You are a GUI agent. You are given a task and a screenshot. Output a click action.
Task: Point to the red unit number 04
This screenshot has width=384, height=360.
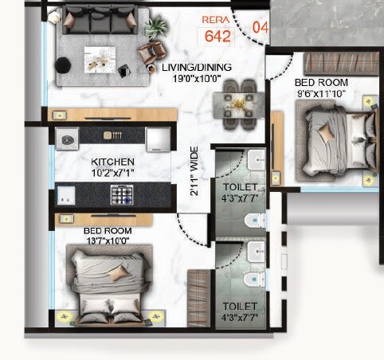260,27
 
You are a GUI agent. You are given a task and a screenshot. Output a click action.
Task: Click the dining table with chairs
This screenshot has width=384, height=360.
239,100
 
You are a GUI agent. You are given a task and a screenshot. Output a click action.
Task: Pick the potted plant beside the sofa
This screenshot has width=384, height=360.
156,26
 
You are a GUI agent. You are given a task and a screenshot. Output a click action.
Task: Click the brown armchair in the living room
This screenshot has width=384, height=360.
147,54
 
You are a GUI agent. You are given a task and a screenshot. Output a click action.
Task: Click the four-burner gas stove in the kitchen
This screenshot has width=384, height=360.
122,194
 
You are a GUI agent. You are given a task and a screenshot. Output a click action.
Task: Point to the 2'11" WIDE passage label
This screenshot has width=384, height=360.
194,177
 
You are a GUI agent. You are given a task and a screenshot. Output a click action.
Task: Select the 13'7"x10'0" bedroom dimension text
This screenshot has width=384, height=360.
108,241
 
